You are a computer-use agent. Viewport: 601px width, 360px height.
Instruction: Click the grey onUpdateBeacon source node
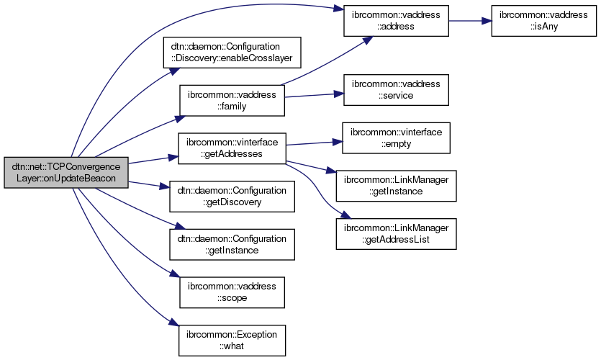65,173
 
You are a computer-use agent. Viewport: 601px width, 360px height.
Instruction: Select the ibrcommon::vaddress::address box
395,21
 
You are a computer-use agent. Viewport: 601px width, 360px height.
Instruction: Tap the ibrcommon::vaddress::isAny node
544,21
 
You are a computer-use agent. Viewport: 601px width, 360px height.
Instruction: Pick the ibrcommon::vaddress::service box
395,89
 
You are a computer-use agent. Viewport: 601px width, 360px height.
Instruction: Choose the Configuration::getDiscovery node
231,196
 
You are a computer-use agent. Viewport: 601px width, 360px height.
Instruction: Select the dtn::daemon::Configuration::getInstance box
231,244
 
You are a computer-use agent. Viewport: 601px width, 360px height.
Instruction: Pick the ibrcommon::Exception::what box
232,339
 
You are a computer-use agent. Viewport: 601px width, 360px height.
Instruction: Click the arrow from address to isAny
469,21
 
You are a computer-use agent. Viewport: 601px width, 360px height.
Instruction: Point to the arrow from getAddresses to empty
312,143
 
